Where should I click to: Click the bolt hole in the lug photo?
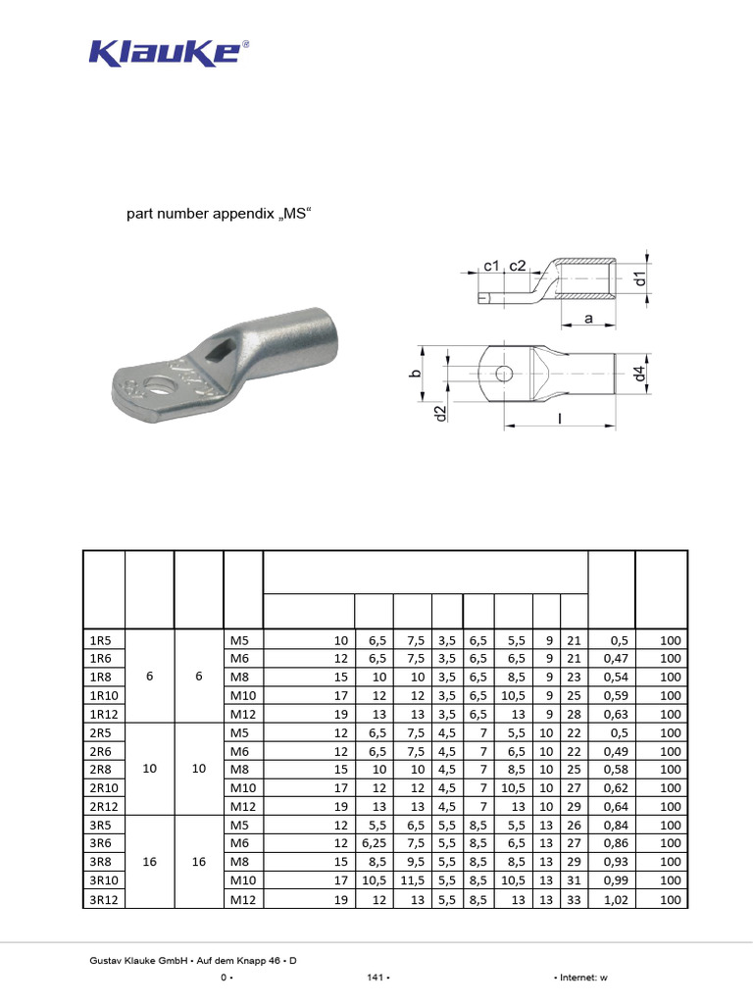point(157,385)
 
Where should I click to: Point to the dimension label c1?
point(492,266)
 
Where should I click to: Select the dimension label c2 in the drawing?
point(518,266)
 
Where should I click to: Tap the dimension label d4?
point(639,374)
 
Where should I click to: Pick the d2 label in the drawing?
point(440,414)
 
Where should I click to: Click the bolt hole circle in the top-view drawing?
point(503,373)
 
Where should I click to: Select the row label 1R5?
point(100,640)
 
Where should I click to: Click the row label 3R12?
point(103,899)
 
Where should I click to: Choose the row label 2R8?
point(100,770)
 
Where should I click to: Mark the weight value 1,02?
point(616,899)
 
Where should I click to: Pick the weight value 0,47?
point(616,659)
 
